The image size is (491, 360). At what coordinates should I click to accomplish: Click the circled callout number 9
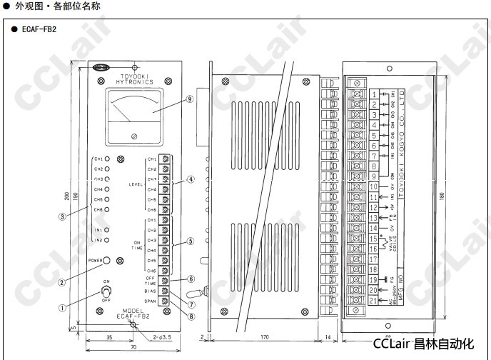pyautogui.click(x=190, y=99)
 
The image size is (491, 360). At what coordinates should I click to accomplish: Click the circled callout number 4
pyautogui.click(x=191, y=179)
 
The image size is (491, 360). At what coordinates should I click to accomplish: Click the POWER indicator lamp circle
pyautogui.click(x=114, y=261)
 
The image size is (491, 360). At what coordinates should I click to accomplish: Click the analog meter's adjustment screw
pyautogui.click(x=134, y=136)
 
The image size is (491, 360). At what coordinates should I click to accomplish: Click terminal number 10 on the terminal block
pyautogui.click(x=373, y=187)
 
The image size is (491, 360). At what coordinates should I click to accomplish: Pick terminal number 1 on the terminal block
pyautogui.click(x=373, y=94)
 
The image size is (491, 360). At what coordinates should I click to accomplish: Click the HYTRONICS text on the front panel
pyautogui.click(x=134, y=81)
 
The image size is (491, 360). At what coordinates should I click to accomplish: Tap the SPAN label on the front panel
pyautogui.click(x=151, y=301)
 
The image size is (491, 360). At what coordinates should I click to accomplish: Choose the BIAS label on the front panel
pyautogui.click(x=151, y=291)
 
